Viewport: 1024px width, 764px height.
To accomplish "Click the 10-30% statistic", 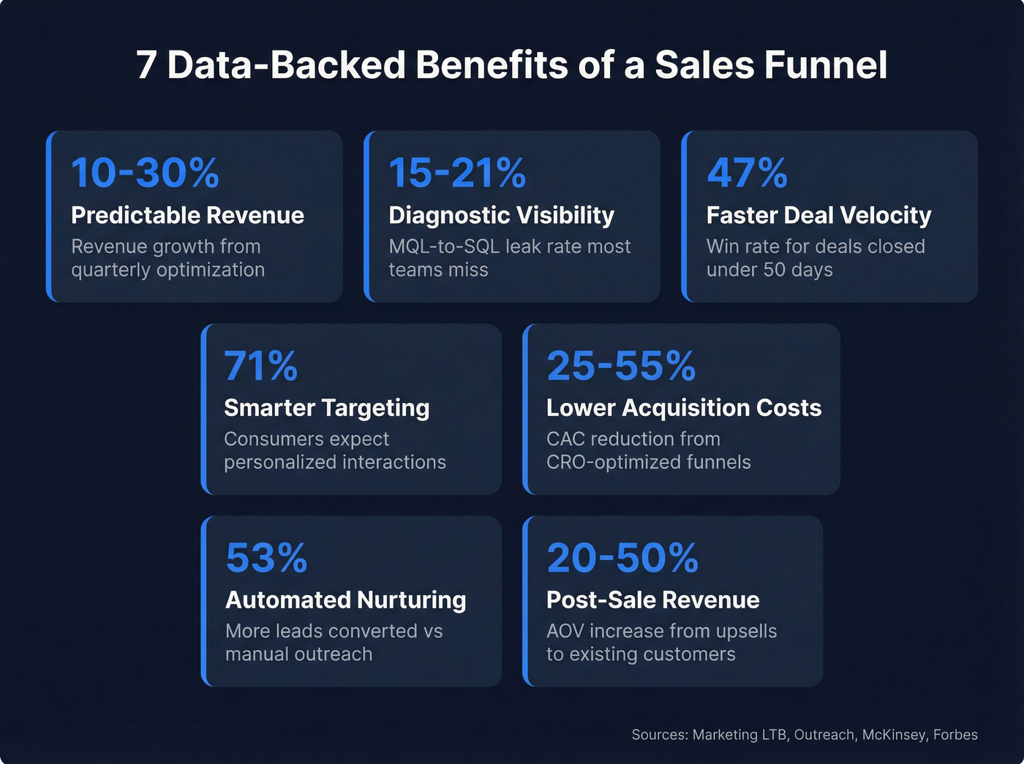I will click(x=145, y=173).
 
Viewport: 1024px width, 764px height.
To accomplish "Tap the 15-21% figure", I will click(x=457, y=173).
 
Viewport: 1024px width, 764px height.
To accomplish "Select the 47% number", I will click(x=747, y=173).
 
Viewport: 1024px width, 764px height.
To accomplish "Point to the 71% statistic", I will click(x=261, y=366).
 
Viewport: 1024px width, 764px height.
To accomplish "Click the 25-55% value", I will click(x=621, y=366).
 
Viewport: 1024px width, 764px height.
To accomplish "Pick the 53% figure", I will click(x=266, y=559).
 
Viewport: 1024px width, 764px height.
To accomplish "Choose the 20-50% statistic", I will click(x=622, y=559).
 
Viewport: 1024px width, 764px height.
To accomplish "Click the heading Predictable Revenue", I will click(x=187, y=216).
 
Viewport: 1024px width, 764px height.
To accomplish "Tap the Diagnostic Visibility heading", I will click(x=501, y=216).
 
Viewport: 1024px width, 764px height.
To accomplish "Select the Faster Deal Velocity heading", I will click(x=818, y=216).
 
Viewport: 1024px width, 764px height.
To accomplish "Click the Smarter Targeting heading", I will click(x=326, y=408).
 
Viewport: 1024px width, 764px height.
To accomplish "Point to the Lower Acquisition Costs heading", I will click(x=684, y=408).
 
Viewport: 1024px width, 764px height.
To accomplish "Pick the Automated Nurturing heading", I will click(x=345, y=600).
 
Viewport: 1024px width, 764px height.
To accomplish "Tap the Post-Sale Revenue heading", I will click(x=652, y=600).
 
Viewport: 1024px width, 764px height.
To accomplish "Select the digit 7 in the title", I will click(x=146, y=65).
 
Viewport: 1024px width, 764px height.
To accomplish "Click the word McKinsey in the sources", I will click(x=894, y=735).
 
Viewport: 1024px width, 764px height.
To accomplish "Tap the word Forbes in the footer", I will click(x=955, y=735).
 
